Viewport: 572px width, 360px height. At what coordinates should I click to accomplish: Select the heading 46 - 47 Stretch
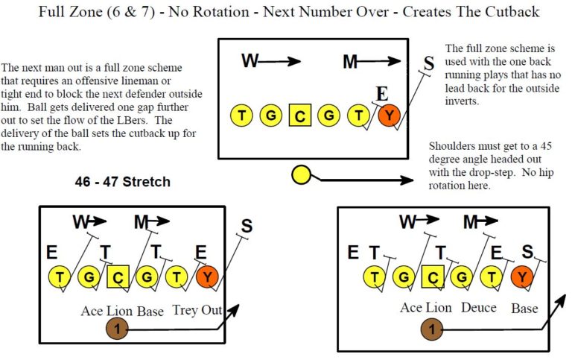coord(123,182)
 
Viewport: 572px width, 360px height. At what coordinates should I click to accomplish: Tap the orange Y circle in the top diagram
coord(388,116)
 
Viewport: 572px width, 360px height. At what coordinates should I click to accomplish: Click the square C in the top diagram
coord(299,116)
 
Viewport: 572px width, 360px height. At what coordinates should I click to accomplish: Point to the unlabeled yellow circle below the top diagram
coord(300,175)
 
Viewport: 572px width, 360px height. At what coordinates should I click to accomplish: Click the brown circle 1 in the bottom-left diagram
coord(117,328)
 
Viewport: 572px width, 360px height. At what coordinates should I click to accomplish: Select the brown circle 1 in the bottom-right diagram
coord(430,328)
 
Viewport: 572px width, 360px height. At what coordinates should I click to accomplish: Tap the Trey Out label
coord(197,309)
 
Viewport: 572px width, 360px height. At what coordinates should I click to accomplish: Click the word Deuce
coord(478,307)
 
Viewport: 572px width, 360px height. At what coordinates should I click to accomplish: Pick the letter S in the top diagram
coord(428,64)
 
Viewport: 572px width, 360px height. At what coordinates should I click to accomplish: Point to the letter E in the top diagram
coord(382,93)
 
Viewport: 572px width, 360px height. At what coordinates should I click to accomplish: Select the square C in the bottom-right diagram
coord(433,277)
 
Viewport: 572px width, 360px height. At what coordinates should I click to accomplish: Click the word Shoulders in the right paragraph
coord(453,146)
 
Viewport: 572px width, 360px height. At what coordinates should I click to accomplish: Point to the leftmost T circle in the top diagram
coord(242,116)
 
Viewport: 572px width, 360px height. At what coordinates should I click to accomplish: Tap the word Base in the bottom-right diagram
coord(525,307)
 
